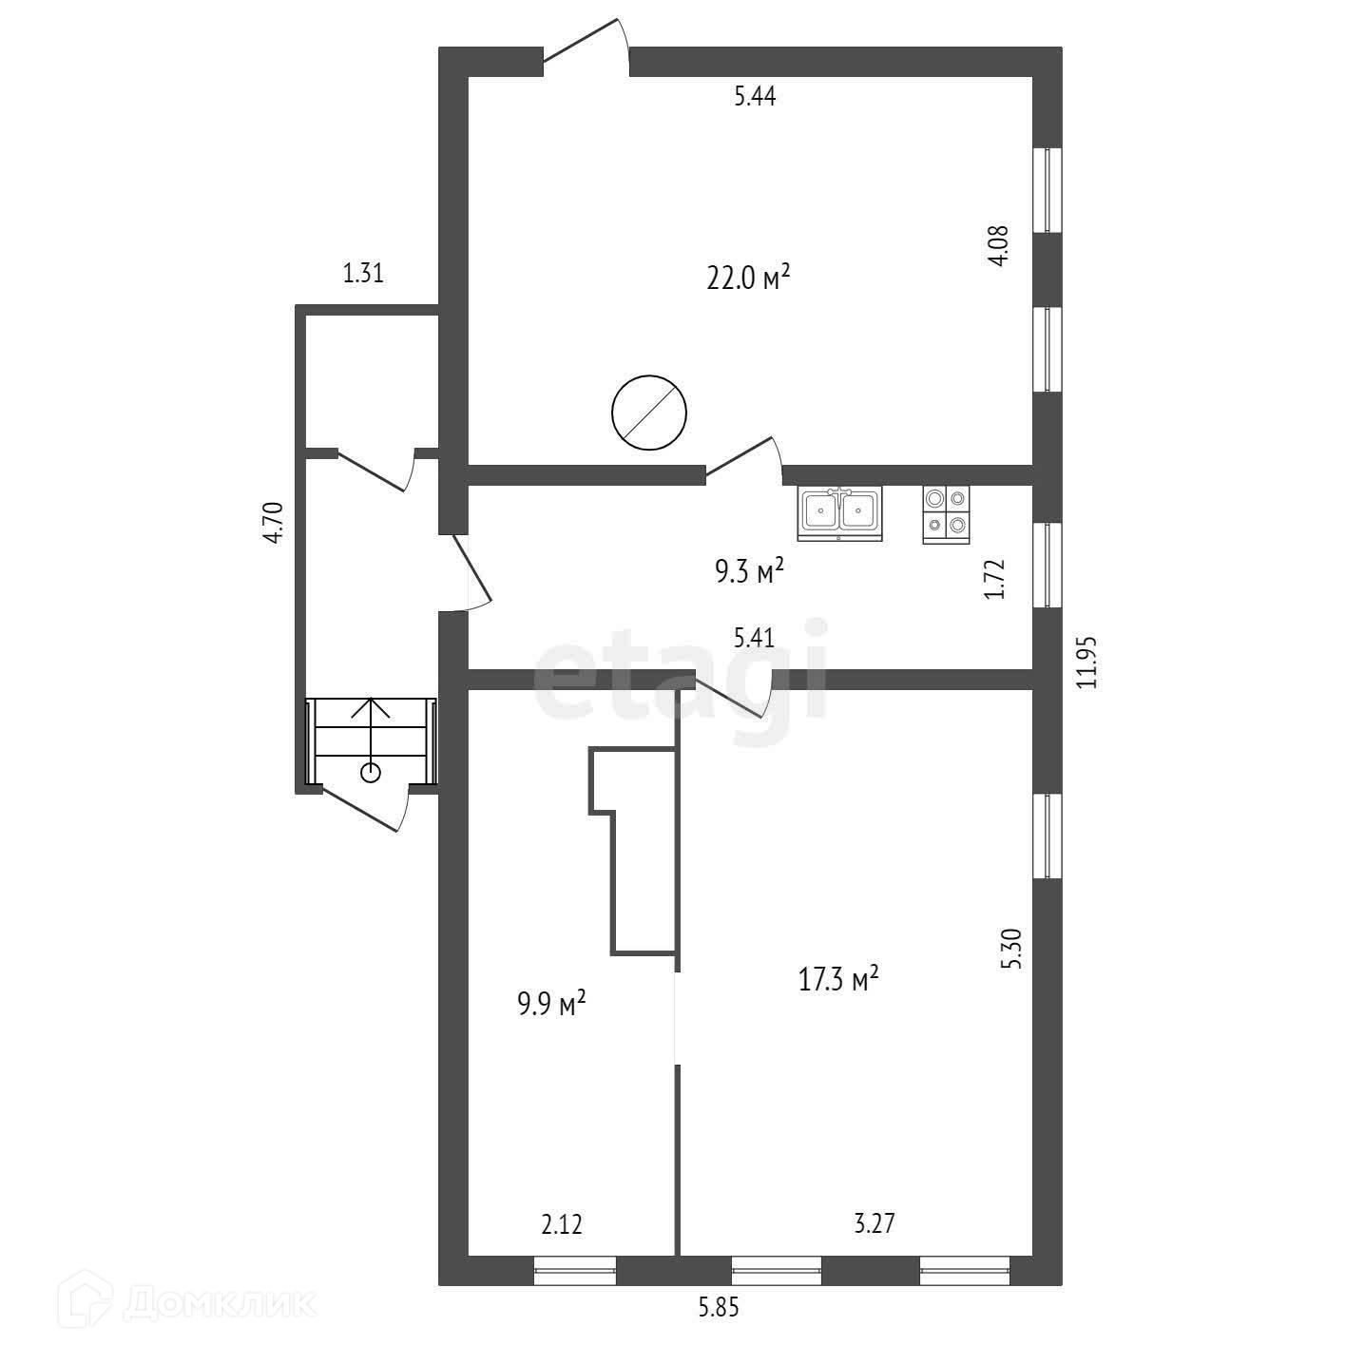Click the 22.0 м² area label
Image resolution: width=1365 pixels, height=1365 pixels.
tap(748, 278)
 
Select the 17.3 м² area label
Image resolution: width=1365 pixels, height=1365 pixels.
tap(837, 978)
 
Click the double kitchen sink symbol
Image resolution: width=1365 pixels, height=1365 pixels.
tap(839, 512)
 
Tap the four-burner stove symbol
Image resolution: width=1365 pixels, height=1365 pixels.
tap(946, 514)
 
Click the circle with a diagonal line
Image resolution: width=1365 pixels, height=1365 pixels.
tap(649, 412)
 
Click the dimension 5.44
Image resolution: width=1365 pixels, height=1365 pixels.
tap(755, 96)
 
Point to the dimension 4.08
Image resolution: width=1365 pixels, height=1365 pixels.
tap(997, 246)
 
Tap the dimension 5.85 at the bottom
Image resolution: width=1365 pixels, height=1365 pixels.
tap(719, 1308)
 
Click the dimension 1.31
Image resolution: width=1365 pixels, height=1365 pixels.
tap(362, 274)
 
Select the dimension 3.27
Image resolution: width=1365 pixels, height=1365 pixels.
tap(874, 1223)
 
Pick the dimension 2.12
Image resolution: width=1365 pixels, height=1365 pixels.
tap(561, 1223)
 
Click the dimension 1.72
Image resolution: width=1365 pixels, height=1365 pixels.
tap(995, 578)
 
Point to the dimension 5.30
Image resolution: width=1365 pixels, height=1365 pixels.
tap(1012, 948)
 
